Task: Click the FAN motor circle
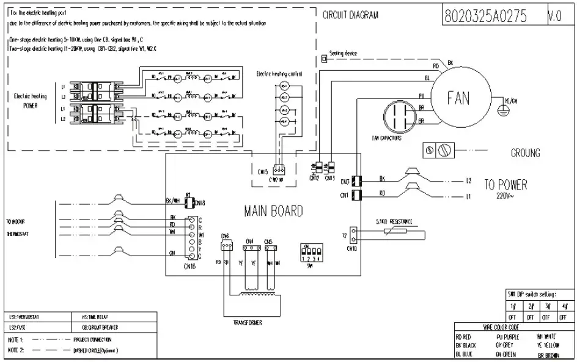click(x=460, y=98)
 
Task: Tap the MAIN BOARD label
click(x=273, y=212)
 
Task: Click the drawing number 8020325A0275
click(x=493, y=17)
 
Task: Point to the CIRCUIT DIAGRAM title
click(x=350, y=15)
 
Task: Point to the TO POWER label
click(x=505, y=185)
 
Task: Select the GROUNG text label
click(x=525, y=153)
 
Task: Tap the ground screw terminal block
click(x=439, y=150)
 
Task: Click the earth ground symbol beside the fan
click(x=502, y=109)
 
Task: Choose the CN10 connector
click(x=351, y=235)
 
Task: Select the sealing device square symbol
click(x=324, y=59)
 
